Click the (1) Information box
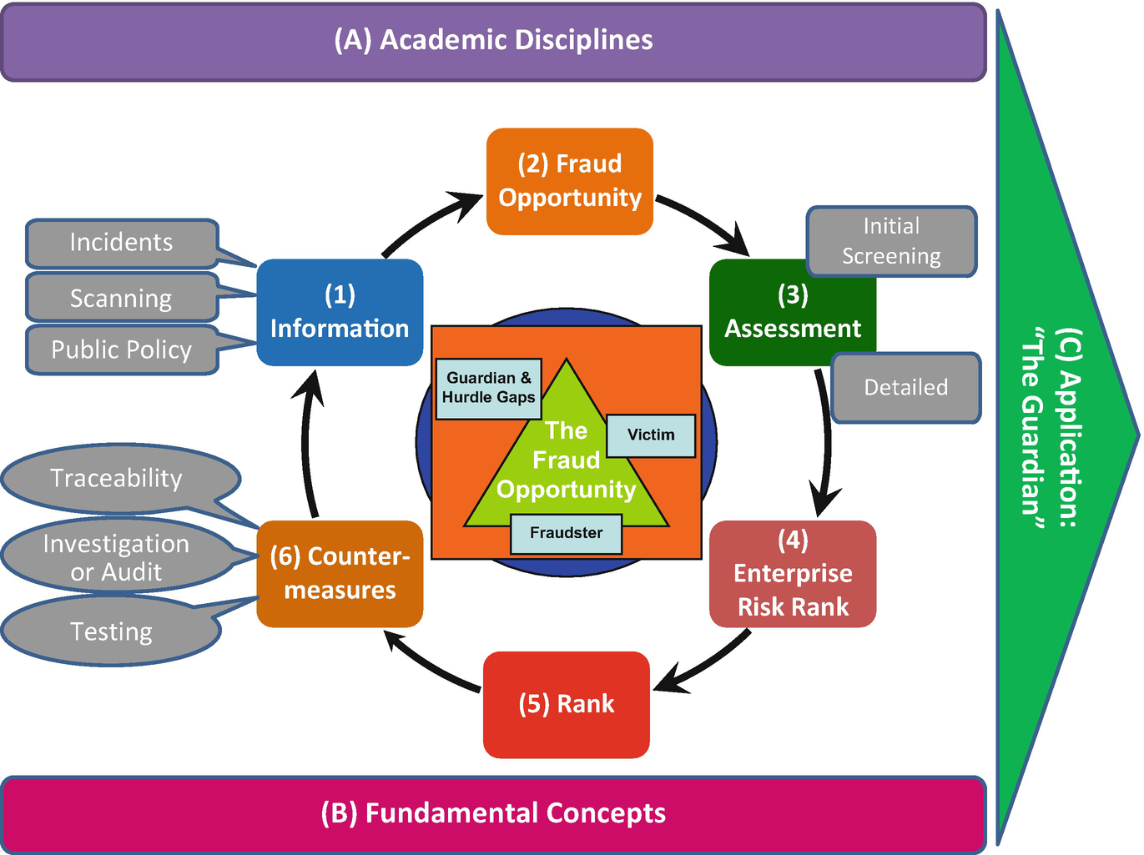[340, 312]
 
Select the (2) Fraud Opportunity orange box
[570, 181]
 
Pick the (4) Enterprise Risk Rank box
[793, 574]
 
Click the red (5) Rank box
[567, 704]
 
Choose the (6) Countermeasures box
[340, 574]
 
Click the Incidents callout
[122, 243]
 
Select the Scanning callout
[122, 298]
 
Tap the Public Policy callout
[122, 350]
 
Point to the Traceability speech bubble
[117, 478]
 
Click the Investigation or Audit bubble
[117, 557]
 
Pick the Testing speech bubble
[112, 631]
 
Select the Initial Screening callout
[891, 241]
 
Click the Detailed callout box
[906, 388]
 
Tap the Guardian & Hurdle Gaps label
[489, 388]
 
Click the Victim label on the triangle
[651, 435]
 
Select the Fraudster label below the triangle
[566, 533]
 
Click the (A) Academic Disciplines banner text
[493, 40]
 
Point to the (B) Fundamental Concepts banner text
[493, 813]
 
